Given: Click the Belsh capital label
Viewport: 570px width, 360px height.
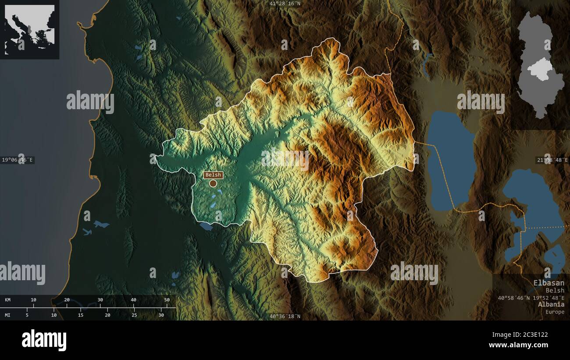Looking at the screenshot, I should tap(213, 175).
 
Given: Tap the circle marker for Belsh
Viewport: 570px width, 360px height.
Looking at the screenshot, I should tap(213, 183).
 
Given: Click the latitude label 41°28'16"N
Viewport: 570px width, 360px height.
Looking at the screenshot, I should tap(285, 4).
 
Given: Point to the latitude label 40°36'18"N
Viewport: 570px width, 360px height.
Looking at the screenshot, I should tap(285, 316).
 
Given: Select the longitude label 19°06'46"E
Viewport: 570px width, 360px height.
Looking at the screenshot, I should tap(17, 160).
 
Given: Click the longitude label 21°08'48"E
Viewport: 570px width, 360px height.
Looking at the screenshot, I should tap(552, 160).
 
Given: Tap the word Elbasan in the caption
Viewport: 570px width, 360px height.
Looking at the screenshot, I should tap(549, 283).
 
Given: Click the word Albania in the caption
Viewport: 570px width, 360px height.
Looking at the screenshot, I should tap(551, 304).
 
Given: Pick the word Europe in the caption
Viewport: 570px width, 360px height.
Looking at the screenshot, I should tap(555, 312).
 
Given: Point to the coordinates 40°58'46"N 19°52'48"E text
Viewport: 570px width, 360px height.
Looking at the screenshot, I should tap(531, 298).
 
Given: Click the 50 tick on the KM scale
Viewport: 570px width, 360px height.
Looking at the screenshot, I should tap(167, 300).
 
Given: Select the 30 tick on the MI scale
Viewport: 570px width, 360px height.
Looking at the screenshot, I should tap(161, 315).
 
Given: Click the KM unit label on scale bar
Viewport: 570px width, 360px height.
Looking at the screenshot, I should tap(8, 300).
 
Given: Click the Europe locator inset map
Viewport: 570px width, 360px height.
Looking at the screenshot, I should tap(29, 29).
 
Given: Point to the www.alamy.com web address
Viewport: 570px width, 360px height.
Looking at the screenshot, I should tap(518, 345).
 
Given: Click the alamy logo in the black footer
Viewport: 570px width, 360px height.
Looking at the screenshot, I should tap(44, 340).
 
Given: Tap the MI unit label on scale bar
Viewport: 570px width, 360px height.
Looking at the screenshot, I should tap(8, 315).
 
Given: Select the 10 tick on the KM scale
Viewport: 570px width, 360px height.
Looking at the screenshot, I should tap(33, 300).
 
